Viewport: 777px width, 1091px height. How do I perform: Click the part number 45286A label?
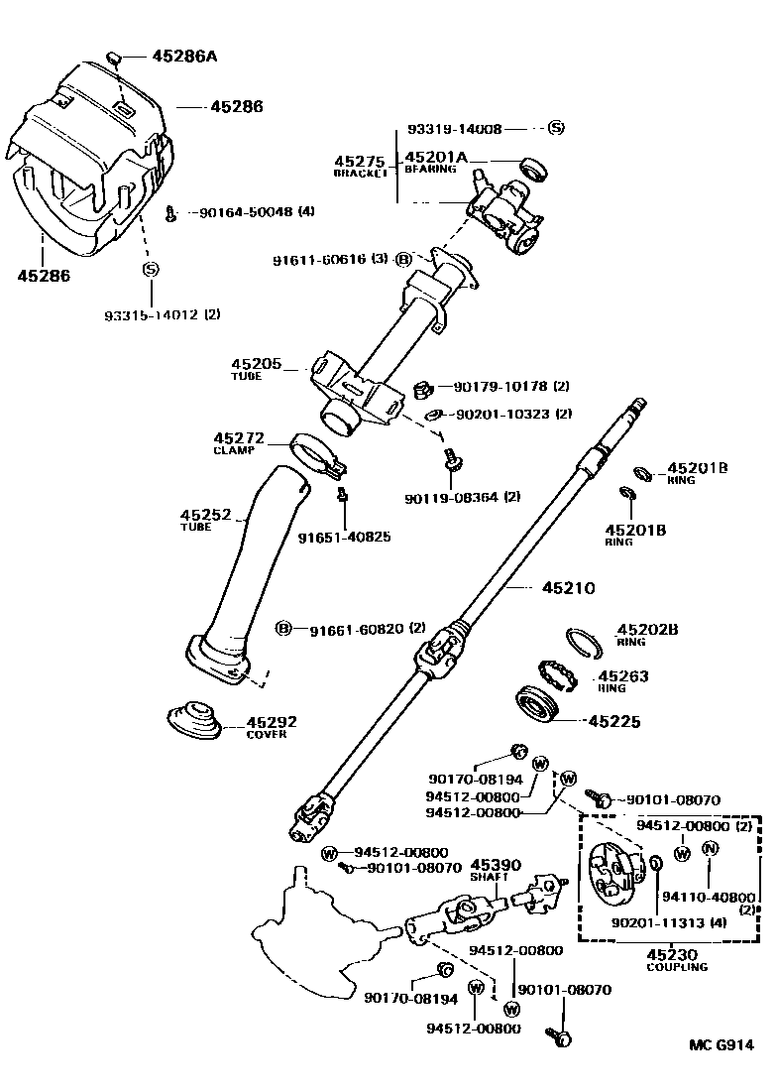point(183,57)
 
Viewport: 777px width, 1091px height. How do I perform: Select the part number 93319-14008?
point(455,129)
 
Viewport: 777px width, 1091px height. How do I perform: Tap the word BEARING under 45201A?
point(429,170)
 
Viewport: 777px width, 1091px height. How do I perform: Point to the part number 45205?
point(256,364)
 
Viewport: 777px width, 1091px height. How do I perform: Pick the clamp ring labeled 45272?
point(315,452)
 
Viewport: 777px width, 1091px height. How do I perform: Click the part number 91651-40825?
point(344,537)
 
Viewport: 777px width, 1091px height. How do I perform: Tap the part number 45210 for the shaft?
point(568,588)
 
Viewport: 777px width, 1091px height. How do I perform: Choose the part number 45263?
point(623,677)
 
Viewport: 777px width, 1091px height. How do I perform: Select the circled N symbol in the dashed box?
point(710,848)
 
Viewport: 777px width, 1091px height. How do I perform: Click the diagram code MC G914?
point(721,1044)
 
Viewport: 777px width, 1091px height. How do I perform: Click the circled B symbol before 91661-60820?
point(282,628)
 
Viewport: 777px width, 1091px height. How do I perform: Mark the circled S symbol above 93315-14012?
point(151,269)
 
